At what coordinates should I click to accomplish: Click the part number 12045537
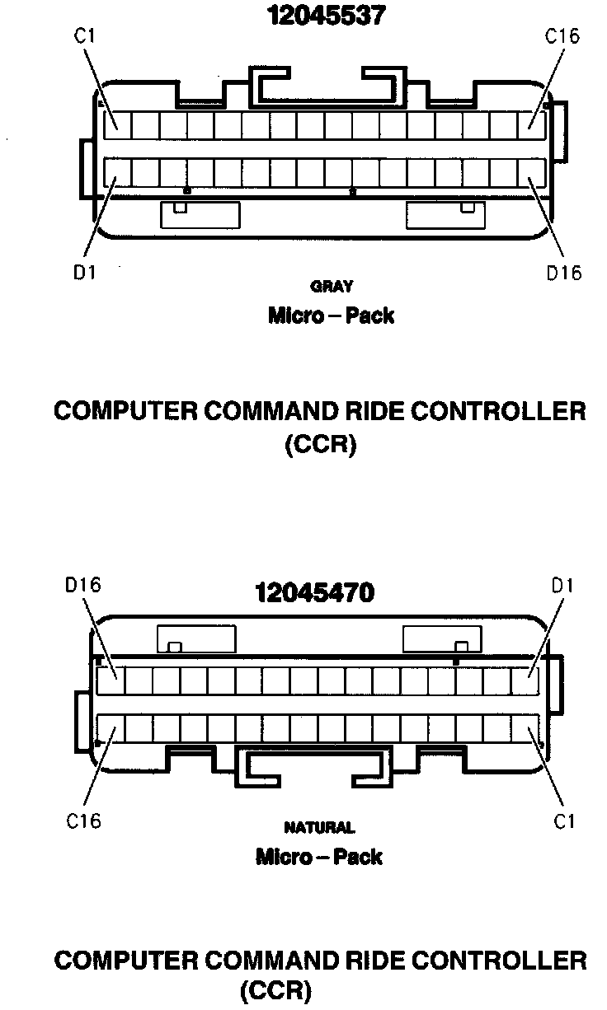pos(325,16)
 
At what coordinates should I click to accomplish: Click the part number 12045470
pos(313,592)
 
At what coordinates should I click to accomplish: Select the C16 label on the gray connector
pos(562,36)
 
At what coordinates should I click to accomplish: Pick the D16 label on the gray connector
pos(564,272)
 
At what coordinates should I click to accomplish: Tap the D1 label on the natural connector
pos(564,586)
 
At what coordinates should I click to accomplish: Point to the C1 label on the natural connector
pos(564,821)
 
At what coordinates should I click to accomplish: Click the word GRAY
pos(332,287)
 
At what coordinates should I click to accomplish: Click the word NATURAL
pos(319,827)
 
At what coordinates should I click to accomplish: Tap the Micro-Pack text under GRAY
pos(331,316)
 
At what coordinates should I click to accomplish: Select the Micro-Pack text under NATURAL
pos(319,857)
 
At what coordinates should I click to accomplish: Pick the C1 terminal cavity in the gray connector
pos(117,125)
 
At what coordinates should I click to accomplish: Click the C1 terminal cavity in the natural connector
pos(525,729)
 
